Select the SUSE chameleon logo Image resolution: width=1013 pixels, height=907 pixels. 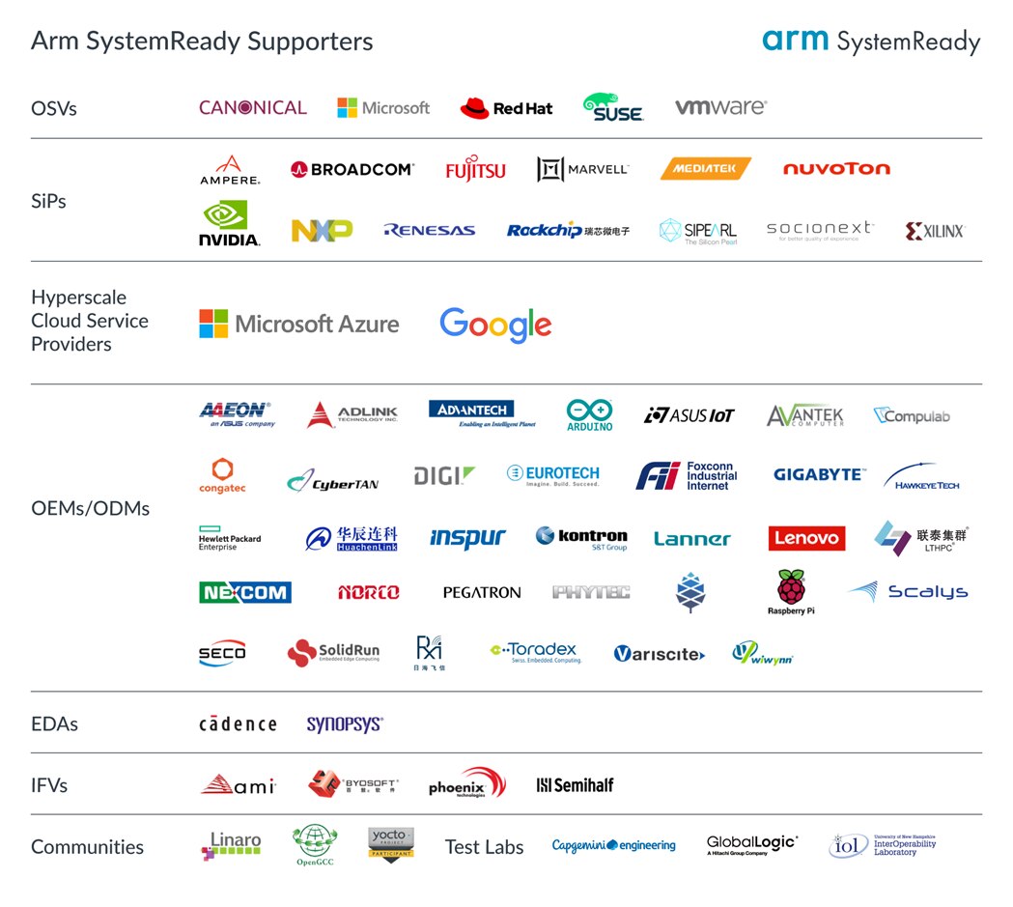[x=613, y=107]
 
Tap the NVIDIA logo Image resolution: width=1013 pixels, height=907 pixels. [x=229, y=223]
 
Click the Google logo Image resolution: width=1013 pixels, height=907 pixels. [x=495, y=326]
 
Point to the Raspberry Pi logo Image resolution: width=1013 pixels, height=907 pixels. [x=791, y=591]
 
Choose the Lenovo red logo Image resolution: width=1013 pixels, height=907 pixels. [x=806, y=538]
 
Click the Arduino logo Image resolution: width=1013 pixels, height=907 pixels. [x=589, y=414]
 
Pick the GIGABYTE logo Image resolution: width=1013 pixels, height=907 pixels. [x=819, y=474]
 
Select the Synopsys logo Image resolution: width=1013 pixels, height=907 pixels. [x=345, y=724]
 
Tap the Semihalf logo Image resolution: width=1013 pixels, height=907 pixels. [x=575, y=785]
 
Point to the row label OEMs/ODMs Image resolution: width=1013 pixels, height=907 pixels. [x=90, y=508]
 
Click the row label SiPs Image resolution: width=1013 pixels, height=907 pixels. [x=48, y=201]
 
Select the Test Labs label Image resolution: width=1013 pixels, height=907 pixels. [x=484, y=847]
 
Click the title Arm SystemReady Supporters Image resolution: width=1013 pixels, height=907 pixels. [x=202, y=42]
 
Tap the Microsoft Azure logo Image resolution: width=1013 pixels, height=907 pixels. [x=298, y=324]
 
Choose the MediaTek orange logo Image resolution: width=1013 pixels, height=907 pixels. [x=706, y=169]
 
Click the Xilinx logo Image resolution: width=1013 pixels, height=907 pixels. [x=934, y=231]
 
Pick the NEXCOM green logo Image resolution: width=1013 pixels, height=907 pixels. [x=245, y=592]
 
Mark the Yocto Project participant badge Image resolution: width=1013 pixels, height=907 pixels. [x=391, y=843]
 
